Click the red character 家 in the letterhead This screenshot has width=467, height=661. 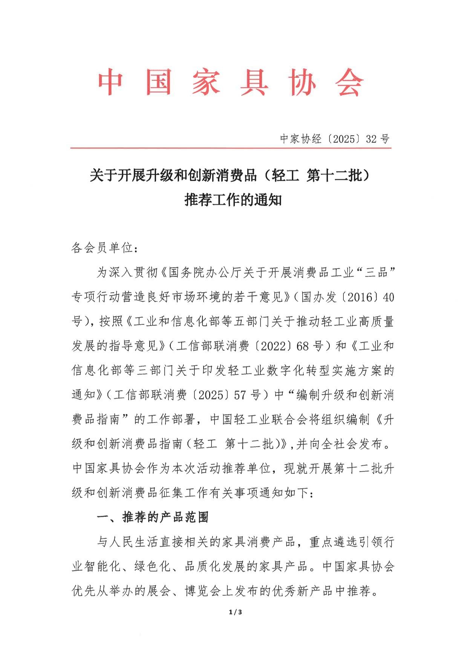point(206,82)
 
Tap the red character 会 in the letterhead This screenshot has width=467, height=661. point(350,82)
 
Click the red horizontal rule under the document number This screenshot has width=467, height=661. point(231,148)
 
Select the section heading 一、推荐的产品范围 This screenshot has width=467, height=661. point(153,517)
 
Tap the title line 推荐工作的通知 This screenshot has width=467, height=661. point(233,200)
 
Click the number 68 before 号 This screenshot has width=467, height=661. point(303,346)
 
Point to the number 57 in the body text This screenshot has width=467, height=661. point(240,395)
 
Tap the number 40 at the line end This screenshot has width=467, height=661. point(388,297)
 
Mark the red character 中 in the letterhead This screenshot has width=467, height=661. point(110,82)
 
